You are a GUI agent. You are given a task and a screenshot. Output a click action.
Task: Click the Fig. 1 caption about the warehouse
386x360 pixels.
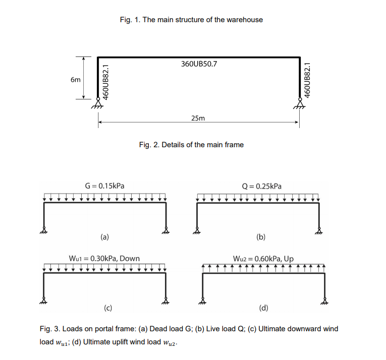tap(191, 20)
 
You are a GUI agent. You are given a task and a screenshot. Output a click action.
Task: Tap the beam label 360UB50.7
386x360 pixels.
tap(198, 65)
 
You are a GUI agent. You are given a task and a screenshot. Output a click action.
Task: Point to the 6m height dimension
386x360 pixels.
tap(75, 79)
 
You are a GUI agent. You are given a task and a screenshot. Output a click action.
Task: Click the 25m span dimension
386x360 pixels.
tap(198, 118)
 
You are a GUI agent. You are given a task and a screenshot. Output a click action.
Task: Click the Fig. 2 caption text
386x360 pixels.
tap(191, 145)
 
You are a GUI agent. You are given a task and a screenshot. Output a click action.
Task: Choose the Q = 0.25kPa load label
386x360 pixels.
tap(262, 186)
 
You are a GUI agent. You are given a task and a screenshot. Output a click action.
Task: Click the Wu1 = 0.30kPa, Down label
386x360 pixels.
tap(104, 259)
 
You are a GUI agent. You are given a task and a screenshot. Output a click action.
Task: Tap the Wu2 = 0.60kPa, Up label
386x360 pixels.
tap(263, 259)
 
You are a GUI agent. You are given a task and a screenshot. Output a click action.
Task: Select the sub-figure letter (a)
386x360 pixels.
tap(104, 235)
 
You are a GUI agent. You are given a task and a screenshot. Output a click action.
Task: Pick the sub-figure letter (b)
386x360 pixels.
tap(261, 235)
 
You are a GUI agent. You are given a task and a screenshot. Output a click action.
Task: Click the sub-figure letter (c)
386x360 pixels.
tap(108, 307)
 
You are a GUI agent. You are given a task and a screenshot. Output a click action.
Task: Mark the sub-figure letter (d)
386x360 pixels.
tap(264, 307)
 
